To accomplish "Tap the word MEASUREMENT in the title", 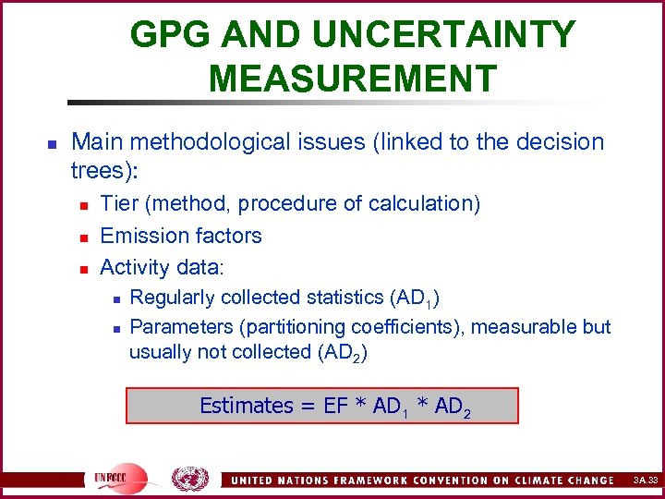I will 353,79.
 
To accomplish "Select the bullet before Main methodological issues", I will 53,144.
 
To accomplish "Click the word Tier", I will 118,204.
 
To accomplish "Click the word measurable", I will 514,327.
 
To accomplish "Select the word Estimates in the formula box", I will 246,406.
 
